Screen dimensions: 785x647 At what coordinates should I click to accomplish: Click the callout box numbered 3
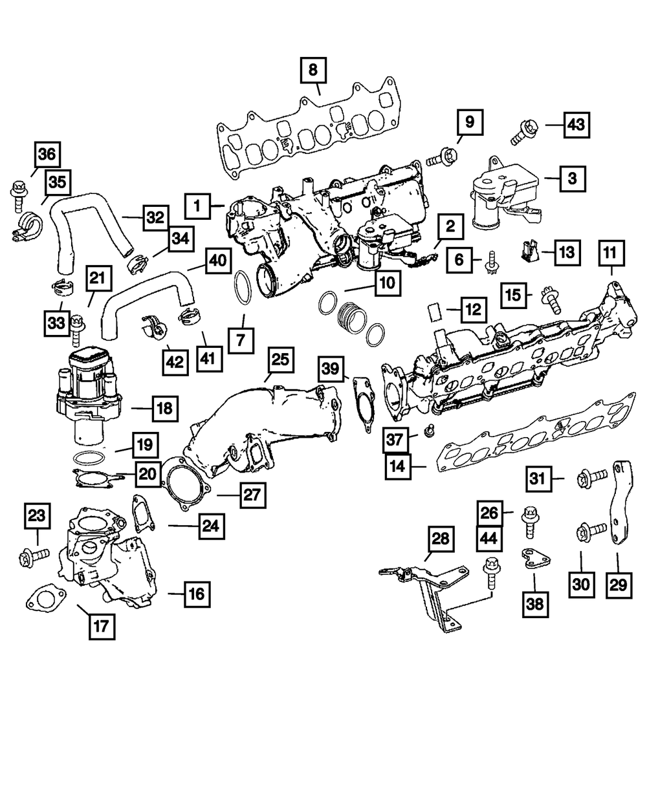click(572, 177)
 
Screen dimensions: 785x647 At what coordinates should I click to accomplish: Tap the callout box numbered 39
click(332, 369)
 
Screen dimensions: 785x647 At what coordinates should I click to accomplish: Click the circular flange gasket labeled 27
click(187, 481)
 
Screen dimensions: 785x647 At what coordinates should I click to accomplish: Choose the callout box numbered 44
click(490, 538)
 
